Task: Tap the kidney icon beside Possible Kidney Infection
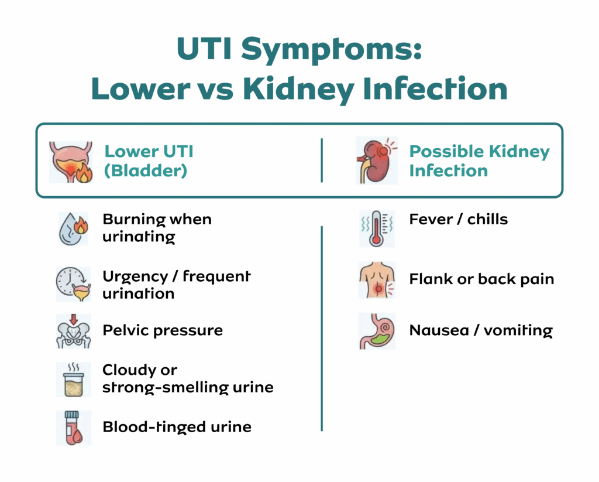[376, 162]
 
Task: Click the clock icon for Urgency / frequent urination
[73, 284]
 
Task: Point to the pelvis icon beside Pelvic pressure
[73, 331]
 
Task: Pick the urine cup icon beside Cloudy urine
[73, 379]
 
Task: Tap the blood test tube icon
[73, 428]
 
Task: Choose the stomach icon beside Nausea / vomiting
[377, 331]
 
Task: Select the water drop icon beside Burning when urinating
[73, 228]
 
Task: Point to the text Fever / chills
[458, 220]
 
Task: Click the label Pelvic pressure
[163, 330]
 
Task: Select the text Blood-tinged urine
[177, 426]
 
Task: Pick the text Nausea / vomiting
[480, 330]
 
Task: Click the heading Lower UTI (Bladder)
[149, 161]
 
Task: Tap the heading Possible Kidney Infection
[479, 161]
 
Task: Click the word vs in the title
[214, 89]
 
